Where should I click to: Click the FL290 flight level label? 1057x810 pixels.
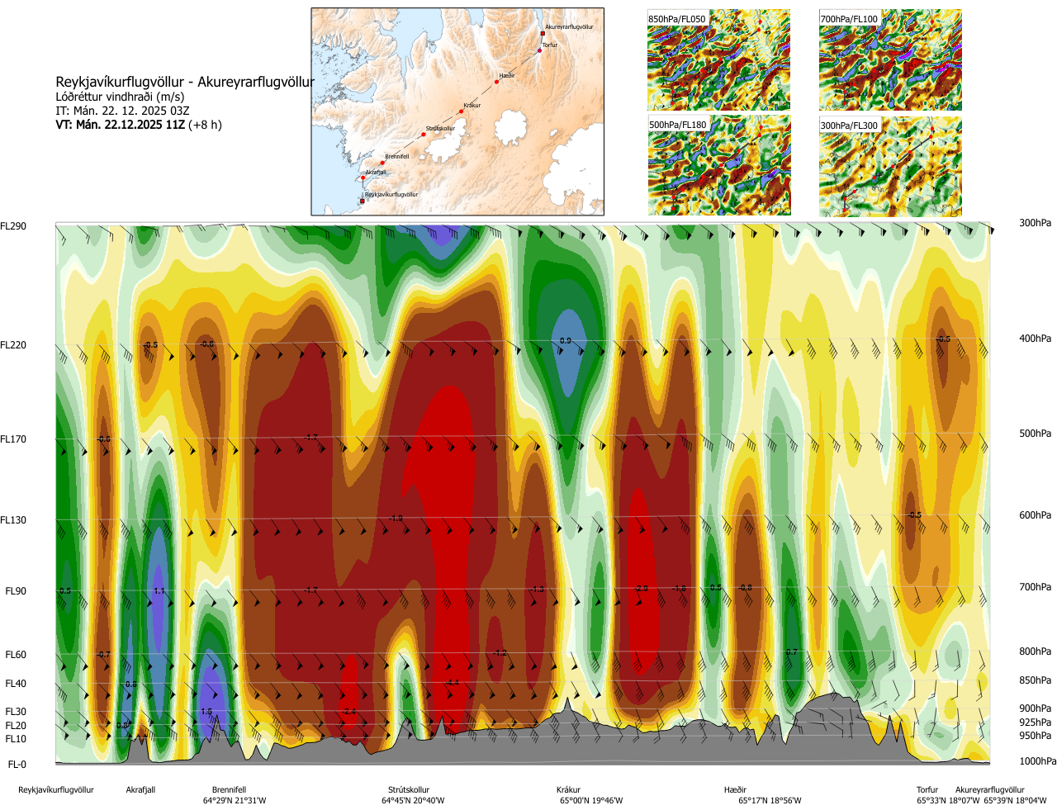tap(13, 226)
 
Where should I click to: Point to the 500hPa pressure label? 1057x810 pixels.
tap(1035, 433)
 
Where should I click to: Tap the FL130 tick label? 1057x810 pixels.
tap(13, 520)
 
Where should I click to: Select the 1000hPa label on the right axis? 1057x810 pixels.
tap(1037, 761)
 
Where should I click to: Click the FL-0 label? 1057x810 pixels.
tap(17, 765)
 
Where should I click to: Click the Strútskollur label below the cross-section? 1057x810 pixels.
tap(409, 790)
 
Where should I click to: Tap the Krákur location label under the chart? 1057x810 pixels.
tap(568, 790)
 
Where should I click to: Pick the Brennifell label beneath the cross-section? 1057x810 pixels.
tap(229, 790)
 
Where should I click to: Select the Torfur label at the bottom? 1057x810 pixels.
tap(927, 790)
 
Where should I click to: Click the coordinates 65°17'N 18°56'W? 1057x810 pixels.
tap(770, 801)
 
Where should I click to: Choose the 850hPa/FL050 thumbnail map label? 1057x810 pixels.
tap(677, 19)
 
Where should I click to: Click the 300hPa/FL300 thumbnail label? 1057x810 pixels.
tap(849, 126)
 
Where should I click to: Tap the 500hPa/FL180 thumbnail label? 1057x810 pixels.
tap(678, 126)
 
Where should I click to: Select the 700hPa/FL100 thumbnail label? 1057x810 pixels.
tap(849, 19)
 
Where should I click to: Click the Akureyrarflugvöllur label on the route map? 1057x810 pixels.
tap(569, 27)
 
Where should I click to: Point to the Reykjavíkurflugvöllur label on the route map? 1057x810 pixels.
tap(391, 195)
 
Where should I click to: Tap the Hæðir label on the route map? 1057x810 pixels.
tap(507, 76)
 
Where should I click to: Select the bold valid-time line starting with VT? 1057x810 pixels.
tap(139, 126)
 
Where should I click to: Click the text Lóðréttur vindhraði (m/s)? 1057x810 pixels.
tap(120, 97)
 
